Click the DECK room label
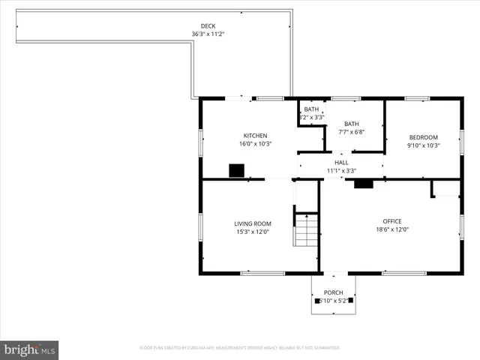point(208,26)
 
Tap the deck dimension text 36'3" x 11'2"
point(208,34)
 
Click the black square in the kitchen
point(238,171)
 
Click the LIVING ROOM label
point(253,223)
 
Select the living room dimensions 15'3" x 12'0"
point(253,232)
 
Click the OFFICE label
point(392,221)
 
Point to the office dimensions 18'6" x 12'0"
point(392,229)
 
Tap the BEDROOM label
point(423,137)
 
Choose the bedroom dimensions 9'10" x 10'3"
point(423,145)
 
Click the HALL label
point(341,162)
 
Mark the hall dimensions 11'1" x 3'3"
point(341,170)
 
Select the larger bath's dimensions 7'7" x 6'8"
point(352,133)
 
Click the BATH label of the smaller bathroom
point(311,109)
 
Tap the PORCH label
point(333,292)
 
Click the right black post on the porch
point(350,301)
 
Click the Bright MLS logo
point(30,349)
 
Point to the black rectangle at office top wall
point(364,184)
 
